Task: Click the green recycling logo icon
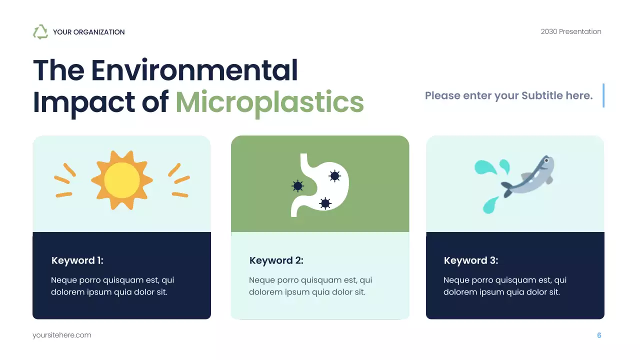pyautogui.click(x=40, y=32)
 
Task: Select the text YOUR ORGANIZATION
pyautogui.click(x=88, y=32)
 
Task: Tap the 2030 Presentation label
pyautogui.click(x=570, y=31)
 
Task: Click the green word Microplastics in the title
pyautogui.click(x=269, y=102)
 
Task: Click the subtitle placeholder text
pyautogui.click(x=508, y=95)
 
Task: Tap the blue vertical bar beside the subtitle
pyautogui.click(x=603, y=95)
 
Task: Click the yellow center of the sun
pyautogui.click(x=122, y=180)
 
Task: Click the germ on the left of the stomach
pyautogui.click(x=297, y=186)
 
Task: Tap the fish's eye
pyautogui.click(x=546, y=161)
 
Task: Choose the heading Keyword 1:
pyautogui.click(x=77, y=260)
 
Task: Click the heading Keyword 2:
pyautogui.click(x=276, y=260)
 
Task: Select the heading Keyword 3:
pyautogui.click(x=471, y=260)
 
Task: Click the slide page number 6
pyautogui.click(x=599, y=335)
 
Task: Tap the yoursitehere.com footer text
pyautogui.click(x=62, y=335)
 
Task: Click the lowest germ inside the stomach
pyautogui.click(x=325, y=203)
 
